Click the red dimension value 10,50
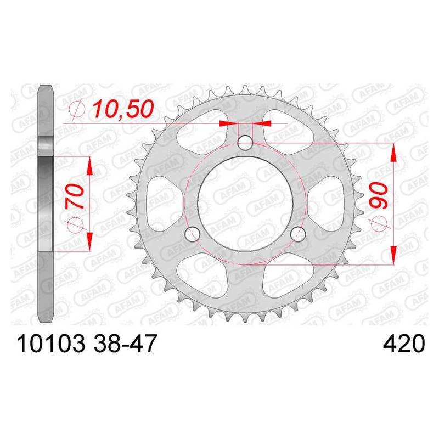123,109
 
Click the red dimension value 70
75,196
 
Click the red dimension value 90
379,195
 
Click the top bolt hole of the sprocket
245,143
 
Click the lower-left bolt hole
193,234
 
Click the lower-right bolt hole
297,234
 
